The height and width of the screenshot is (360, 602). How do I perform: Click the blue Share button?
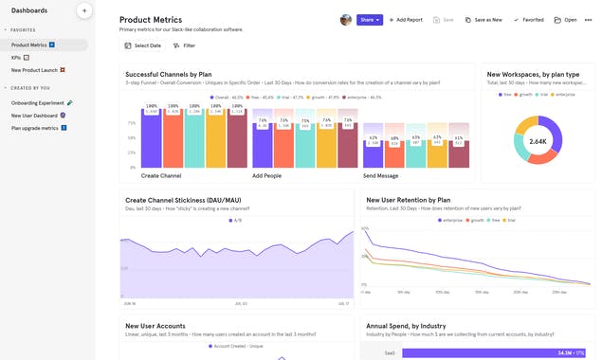[370, 19]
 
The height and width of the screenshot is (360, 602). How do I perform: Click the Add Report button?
[406, 19]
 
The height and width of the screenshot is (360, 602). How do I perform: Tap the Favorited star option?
[528, 19]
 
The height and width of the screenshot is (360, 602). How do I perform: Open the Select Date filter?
[142, 45]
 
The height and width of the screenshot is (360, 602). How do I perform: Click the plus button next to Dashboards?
[83, 10]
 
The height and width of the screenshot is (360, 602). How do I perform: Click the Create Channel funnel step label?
[161, 176]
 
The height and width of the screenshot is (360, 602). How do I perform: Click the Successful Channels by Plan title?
[180, 73]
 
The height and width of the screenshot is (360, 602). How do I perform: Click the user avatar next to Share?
[346, 19]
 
